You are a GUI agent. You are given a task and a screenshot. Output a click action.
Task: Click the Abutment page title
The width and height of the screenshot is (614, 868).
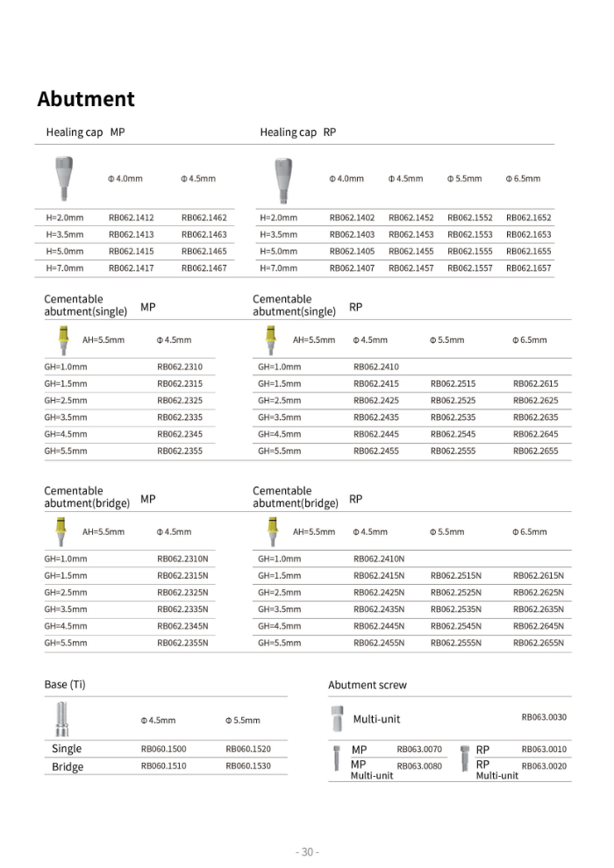pos(86,99)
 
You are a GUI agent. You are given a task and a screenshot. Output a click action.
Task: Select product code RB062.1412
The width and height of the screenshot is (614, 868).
pos(131,217)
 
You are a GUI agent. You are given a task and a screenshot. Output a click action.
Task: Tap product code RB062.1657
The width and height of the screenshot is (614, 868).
pos(529,268)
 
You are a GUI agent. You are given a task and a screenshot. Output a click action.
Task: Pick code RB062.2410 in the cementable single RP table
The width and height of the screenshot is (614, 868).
pos(375,367)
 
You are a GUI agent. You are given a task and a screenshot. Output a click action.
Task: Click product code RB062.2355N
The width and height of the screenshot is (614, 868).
pos(182,643)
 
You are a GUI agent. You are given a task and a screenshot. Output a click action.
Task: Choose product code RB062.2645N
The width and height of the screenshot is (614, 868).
pos(539,626)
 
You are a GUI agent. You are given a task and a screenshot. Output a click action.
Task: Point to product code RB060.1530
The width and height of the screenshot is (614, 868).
pos(248,765)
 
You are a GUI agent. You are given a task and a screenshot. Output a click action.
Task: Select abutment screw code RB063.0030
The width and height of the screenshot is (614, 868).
pos(544,717)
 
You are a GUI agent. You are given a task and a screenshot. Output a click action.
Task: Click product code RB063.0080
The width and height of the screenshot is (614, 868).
pos(419,766)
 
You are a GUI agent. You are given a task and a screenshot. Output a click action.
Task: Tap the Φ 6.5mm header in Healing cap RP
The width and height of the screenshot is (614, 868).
pos(523,179)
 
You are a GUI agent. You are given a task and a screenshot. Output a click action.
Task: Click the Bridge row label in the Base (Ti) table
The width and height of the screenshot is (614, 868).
pos(68,767)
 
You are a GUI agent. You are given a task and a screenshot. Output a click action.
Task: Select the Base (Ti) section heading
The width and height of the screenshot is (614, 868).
pos(65,684)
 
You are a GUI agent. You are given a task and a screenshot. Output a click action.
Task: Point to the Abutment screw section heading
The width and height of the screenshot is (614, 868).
pos(368,685)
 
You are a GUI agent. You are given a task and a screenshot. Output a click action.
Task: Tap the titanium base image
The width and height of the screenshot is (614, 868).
pos(61,719)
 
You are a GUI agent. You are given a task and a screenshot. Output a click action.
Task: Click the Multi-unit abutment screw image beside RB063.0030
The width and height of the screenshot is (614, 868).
pos(337,718)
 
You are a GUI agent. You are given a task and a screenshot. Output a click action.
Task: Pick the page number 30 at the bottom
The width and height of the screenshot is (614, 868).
pos(307,851)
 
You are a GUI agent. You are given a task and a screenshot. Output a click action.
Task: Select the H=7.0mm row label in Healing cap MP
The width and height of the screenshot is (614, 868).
pos(65,268)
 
